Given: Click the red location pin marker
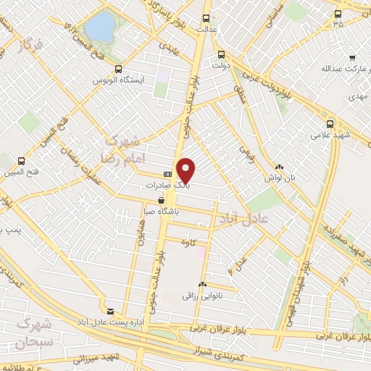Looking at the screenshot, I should click(x=186, y=170).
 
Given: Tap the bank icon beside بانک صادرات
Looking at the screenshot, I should click(x=167, y=174).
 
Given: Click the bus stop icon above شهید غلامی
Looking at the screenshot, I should click(x=331, y=123).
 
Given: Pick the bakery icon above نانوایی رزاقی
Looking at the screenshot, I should click(x=202, y=285).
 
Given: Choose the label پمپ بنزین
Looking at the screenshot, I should click(x=10, y=229).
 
